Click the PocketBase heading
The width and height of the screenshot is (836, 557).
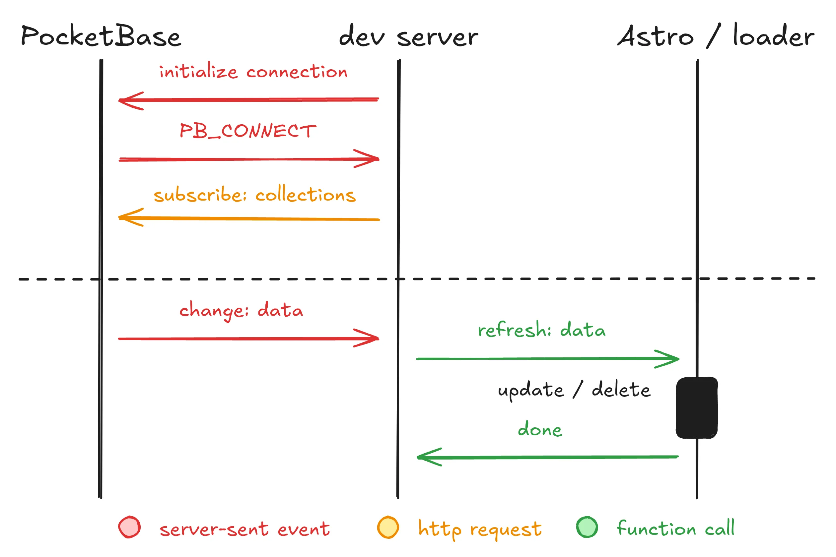pos(101,36)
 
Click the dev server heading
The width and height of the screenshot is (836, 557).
pos(408,36)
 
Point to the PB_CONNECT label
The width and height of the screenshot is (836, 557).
pos(248,131)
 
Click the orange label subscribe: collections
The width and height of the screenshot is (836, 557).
pos(254,195)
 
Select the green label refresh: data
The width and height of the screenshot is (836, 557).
pos(541,330)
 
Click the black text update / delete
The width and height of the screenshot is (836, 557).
pos(574,390)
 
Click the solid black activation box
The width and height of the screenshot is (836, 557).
pos(697,408)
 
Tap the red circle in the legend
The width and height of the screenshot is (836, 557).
pos(129,527)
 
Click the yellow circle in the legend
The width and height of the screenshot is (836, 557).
pos(388,527)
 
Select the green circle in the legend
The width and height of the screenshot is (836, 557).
pos(587,527)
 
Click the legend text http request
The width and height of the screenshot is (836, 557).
pos(479,529)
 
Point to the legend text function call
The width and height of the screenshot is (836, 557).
pos(675,528)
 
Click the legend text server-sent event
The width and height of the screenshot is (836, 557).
pos(244,529)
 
